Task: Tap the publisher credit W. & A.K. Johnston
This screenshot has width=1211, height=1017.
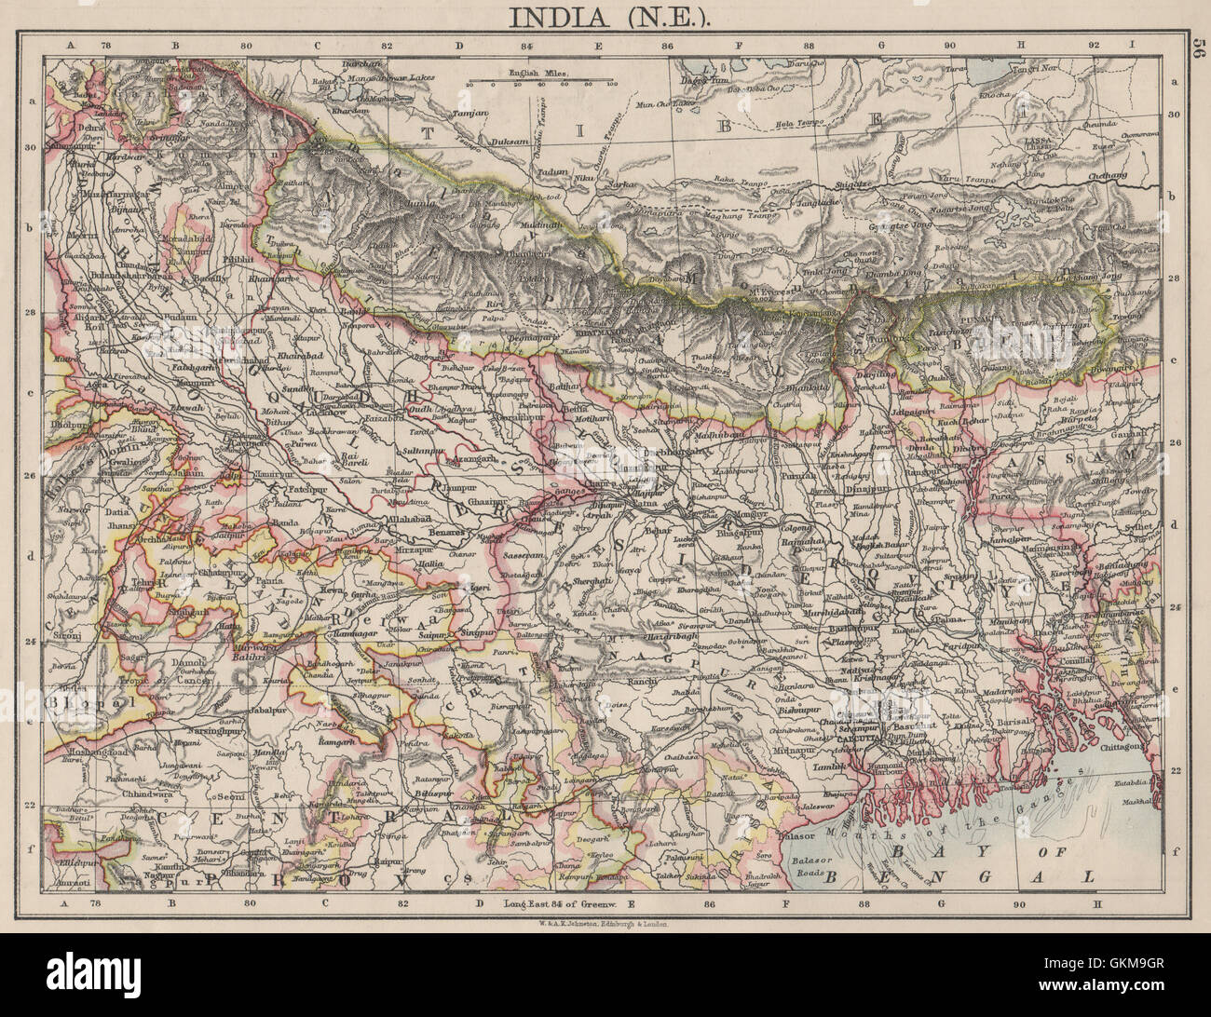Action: [x=605, y=925]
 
